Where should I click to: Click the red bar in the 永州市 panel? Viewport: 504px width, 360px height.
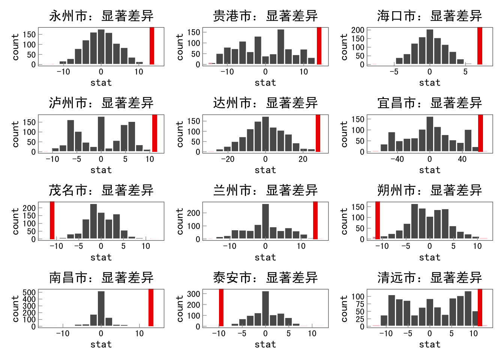point(152,46)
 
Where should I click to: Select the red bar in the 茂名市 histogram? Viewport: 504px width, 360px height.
point(52,220)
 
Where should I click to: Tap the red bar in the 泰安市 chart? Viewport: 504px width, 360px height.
point(221,307)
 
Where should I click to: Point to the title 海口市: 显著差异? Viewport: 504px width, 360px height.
point(429,16)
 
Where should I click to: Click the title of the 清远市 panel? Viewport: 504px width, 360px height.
point(429,278)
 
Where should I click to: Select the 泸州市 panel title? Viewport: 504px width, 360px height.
point(101,103)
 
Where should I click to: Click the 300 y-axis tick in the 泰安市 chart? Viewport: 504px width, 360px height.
point(193,294)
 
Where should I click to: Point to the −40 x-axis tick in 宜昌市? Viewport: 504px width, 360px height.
point(397,159)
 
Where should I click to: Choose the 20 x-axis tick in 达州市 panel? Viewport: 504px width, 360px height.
point(303,159)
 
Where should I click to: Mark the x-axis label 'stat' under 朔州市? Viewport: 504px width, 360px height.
point(429,257)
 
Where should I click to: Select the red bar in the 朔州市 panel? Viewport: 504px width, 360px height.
point(378,220)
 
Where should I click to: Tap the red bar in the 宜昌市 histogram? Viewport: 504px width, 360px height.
point(480,133)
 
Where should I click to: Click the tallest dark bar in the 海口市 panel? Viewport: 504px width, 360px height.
point(430,46)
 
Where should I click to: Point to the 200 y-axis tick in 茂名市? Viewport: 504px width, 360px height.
point(29,208)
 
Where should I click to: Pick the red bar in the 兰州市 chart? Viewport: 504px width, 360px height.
point(315,220)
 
